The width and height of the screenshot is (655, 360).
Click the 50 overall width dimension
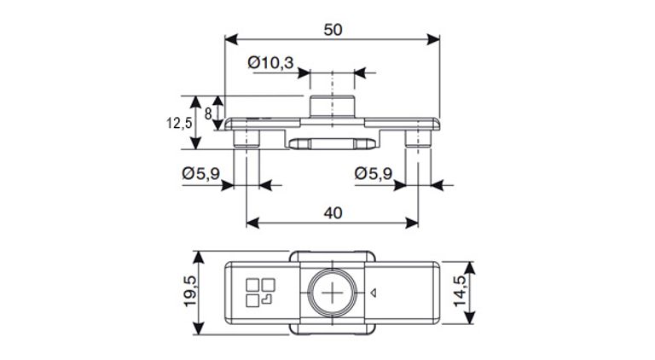point(333,30)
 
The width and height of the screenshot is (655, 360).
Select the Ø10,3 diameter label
point(270,62)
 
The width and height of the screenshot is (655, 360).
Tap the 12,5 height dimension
point(179,123)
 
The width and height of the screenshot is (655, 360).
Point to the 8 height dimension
point(207,113)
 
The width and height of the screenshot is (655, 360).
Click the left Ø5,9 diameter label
point(201,174)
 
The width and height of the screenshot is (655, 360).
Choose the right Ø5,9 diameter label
point(374,174)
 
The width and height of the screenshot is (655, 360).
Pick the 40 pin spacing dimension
point(333,212)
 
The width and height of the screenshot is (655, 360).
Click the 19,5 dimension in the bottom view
point(190,293)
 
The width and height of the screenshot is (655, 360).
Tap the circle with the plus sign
point(332,292)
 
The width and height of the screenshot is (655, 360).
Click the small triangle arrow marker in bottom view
point(374,292)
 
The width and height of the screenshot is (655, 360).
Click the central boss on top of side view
point(332,107)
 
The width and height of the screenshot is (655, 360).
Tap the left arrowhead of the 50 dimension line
point(229,38)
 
